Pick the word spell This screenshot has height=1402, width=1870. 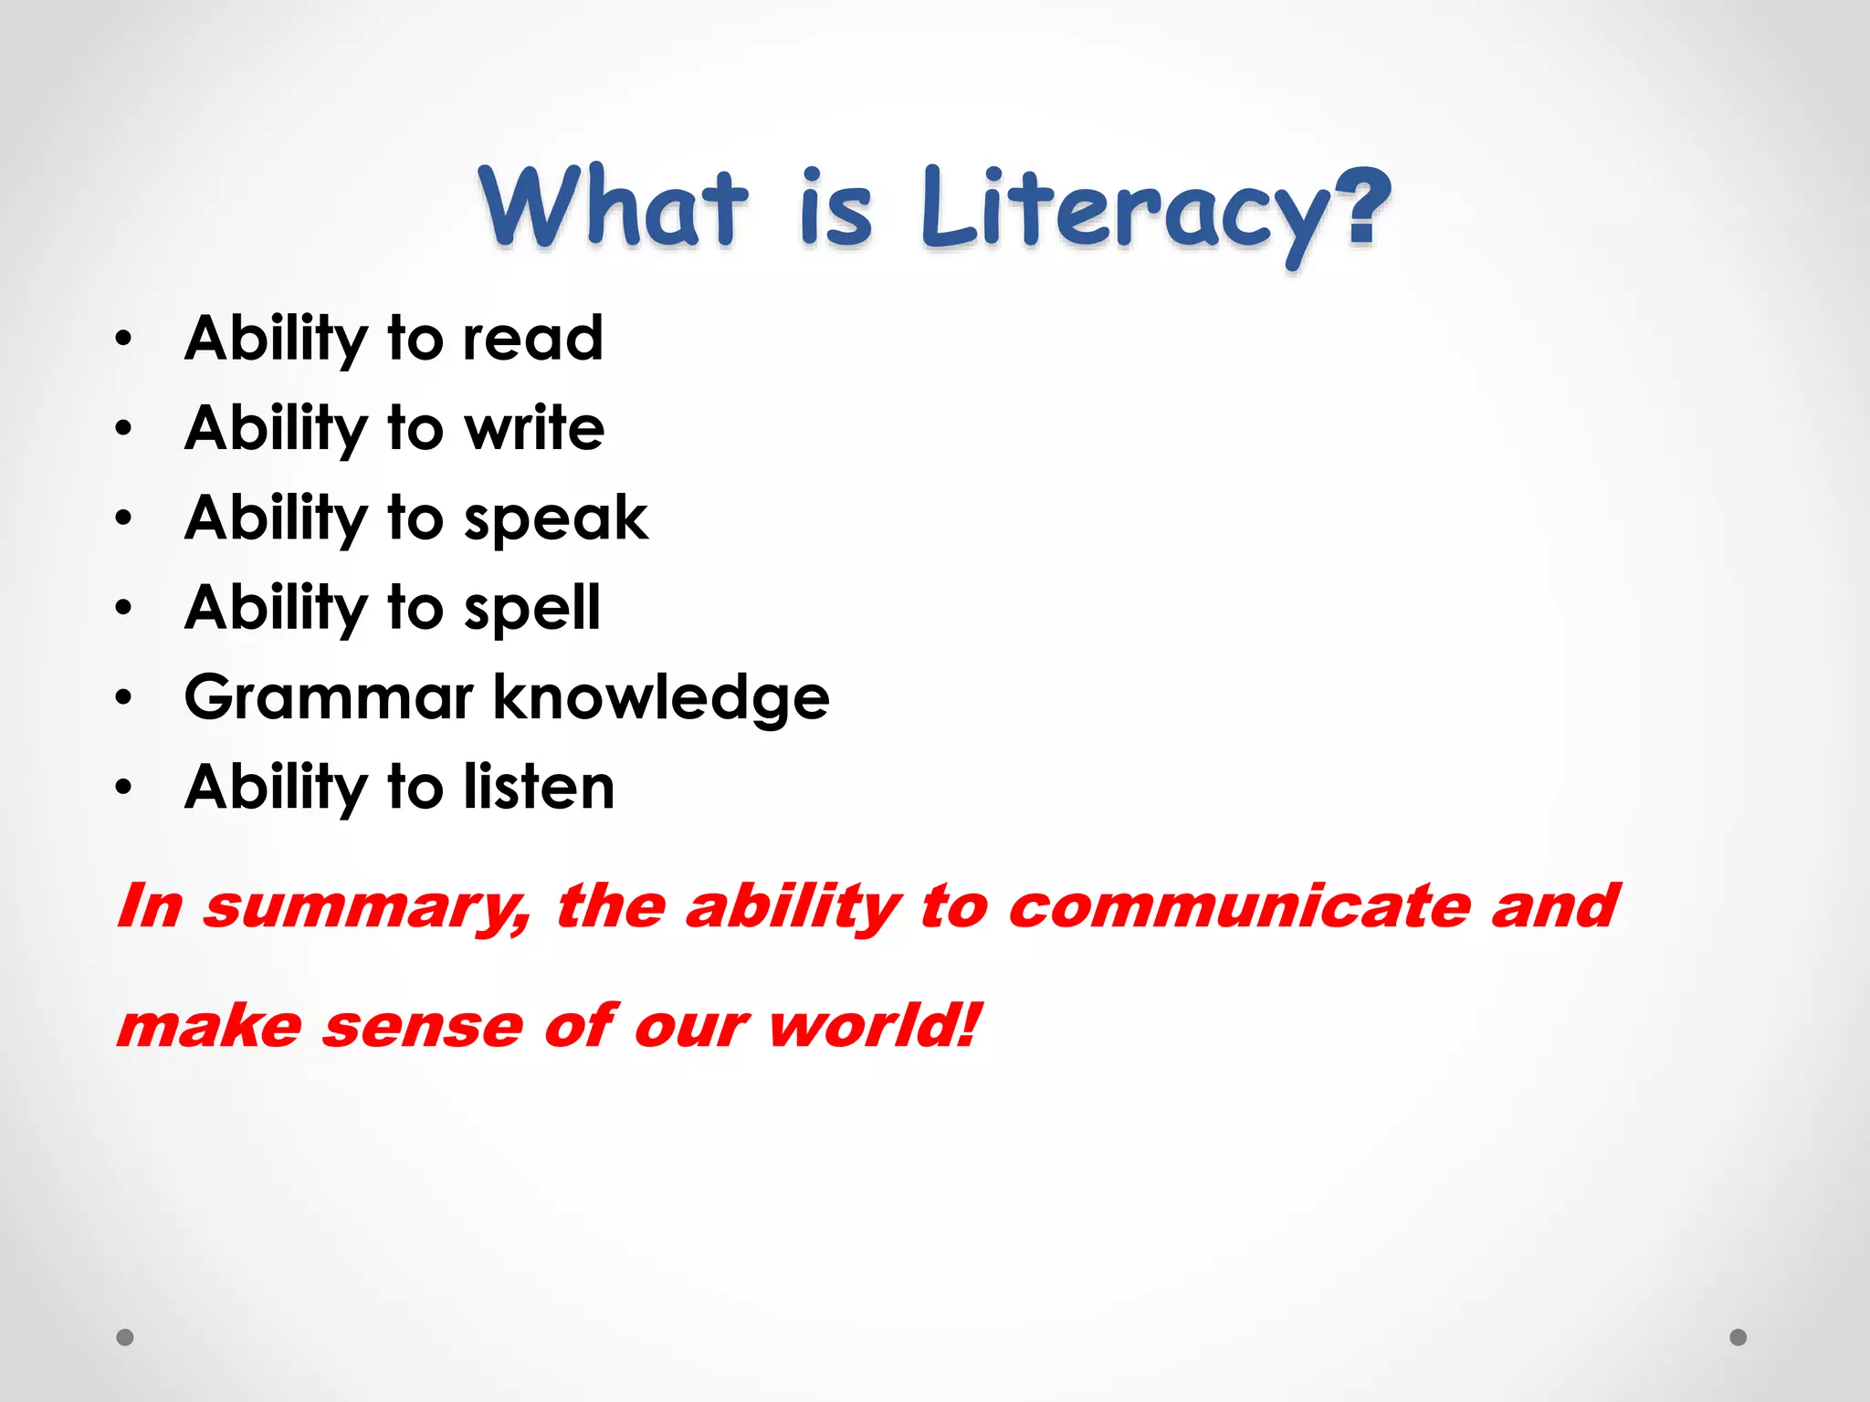[531, 608]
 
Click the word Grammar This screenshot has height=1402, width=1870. [329, 697]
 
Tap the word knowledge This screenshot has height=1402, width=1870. [661, 697]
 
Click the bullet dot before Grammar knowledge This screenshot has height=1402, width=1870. [124, 698]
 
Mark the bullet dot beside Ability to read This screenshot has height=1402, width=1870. [124, 340]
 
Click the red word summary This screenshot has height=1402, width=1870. [366, 907]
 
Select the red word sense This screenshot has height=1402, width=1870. [422, 1027]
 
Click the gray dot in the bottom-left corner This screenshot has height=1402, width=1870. [125, 1337]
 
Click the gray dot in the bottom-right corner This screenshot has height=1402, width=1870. [1739, 1337]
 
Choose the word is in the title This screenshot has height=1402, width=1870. [835, 208]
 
